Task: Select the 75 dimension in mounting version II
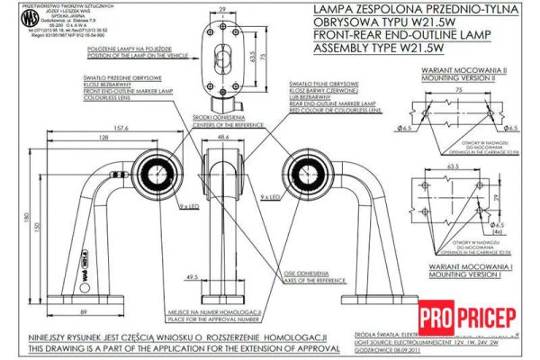(458, 91)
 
